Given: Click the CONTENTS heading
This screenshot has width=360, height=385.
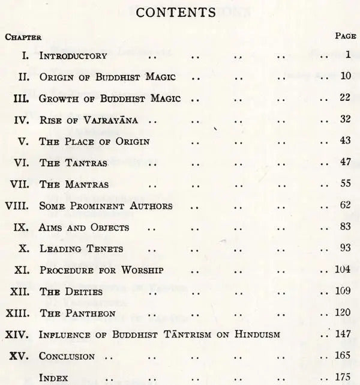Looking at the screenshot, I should click(180, 12).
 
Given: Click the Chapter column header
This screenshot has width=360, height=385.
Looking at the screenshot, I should click(23, 36).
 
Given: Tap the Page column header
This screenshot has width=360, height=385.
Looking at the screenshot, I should click(346, 36).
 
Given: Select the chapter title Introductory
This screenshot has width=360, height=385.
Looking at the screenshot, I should click(73, 56).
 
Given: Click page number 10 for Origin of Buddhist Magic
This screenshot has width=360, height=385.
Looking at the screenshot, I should click(344, 77).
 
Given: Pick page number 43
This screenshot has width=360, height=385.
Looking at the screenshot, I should click(344, 141).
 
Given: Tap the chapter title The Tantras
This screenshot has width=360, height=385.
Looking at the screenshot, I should click(70, 162).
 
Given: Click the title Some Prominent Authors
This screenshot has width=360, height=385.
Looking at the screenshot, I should click(106, 205).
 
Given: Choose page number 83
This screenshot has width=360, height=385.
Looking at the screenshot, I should click(344, 227).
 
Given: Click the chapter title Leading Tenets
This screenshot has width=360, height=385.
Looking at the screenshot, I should click(82, 249).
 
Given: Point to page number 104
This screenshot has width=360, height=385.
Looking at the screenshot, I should click(343, 270).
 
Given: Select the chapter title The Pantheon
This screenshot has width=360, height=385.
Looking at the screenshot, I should click(75, 313).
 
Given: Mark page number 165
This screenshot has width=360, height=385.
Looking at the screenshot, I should click(343, 356).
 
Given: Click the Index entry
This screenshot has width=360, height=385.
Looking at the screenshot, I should click(53, 377).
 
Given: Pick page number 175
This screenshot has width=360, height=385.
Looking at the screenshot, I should click(343, 377).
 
